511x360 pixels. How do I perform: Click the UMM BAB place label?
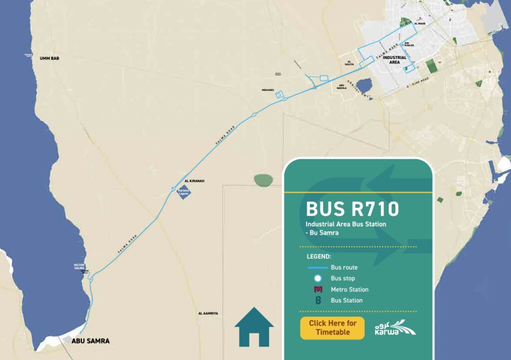coord(49,58)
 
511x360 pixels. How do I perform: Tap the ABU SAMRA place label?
coord(90,341)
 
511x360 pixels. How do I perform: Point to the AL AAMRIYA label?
coord(208,313)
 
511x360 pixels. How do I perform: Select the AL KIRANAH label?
coord(195,181)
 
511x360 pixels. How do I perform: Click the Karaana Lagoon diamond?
coord(184,192)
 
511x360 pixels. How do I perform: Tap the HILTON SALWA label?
coord(80,267)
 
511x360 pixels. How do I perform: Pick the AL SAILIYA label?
coord(345,63)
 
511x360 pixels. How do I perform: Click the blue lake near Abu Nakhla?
coord(364,85)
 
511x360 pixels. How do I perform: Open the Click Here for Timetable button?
coord(332,328)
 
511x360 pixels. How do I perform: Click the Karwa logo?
coord(395,327)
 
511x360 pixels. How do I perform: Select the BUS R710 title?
coord(352,209)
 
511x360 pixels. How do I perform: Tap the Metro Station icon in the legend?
coord(318,290)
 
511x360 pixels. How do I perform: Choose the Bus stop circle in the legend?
coord(318,278)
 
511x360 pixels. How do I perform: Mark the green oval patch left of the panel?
coord(263,179)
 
